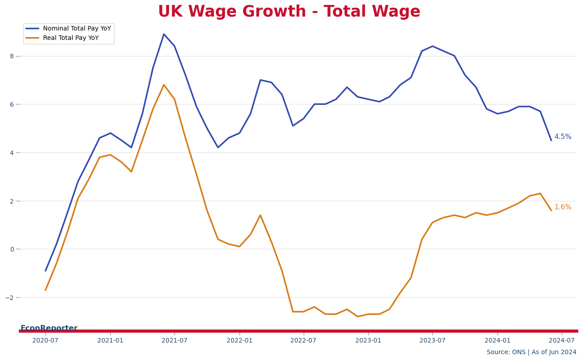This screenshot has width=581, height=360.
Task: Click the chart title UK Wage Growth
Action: click(289, 12)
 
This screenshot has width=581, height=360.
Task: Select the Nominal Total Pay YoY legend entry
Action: click(77, 29)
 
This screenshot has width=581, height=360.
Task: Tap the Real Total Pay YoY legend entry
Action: click(70, 38)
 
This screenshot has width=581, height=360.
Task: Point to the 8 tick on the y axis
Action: click(12, 56)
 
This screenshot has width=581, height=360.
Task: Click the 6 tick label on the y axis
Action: click(12, 104)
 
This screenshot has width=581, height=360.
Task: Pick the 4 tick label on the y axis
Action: click(12, 152)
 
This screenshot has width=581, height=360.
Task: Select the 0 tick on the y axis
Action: click(12, 249)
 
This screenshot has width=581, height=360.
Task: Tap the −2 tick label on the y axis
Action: click(10, 298)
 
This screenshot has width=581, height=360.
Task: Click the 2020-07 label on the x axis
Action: click(45, 341)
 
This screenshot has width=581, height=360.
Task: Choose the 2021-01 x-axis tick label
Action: click(110, 341)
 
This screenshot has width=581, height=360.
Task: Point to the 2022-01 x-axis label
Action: click(240, 341)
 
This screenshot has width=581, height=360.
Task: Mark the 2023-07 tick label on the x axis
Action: click(432, 341)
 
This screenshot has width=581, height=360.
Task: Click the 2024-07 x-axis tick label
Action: click(562, 341)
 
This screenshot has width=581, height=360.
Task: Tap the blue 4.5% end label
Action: click(563, 137)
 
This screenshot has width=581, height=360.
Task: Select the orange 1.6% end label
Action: click(563, 207)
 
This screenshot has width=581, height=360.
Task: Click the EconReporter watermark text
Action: click(49, 328)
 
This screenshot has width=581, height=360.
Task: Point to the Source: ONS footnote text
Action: click(531, 352)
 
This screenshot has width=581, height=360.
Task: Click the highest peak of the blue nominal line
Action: click(164, 34)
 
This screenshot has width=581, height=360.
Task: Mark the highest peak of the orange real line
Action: click(164, 85)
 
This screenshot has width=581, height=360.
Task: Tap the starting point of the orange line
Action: click(45, 290)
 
